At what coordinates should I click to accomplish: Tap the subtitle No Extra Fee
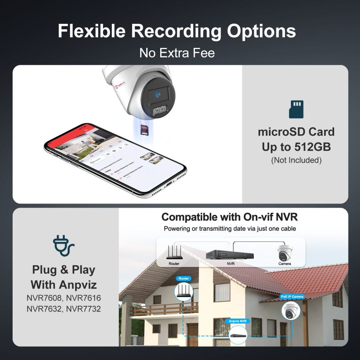coord(177,53)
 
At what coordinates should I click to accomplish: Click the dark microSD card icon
coord(296,109)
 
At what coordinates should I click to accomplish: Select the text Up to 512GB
coord(296,147)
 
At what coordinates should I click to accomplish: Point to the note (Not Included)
coord(296,160)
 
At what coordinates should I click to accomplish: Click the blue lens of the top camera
coord(158,95)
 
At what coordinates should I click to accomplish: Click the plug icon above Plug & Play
coord(63,246)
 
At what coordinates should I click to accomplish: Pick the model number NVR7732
coord(84,309)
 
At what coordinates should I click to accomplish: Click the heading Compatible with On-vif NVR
coord(229,217)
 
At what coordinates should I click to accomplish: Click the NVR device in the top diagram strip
coord(230,254)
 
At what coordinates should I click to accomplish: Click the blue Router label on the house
coord(184,279)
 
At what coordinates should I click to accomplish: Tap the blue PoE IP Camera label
coord(292,297)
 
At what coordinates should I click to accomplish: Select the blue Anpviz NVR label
coord(238,321)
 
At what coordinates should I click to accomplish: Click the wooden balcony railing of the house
coord(164,309)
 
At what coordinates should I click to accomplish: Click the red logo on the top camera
coord(120,86)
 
